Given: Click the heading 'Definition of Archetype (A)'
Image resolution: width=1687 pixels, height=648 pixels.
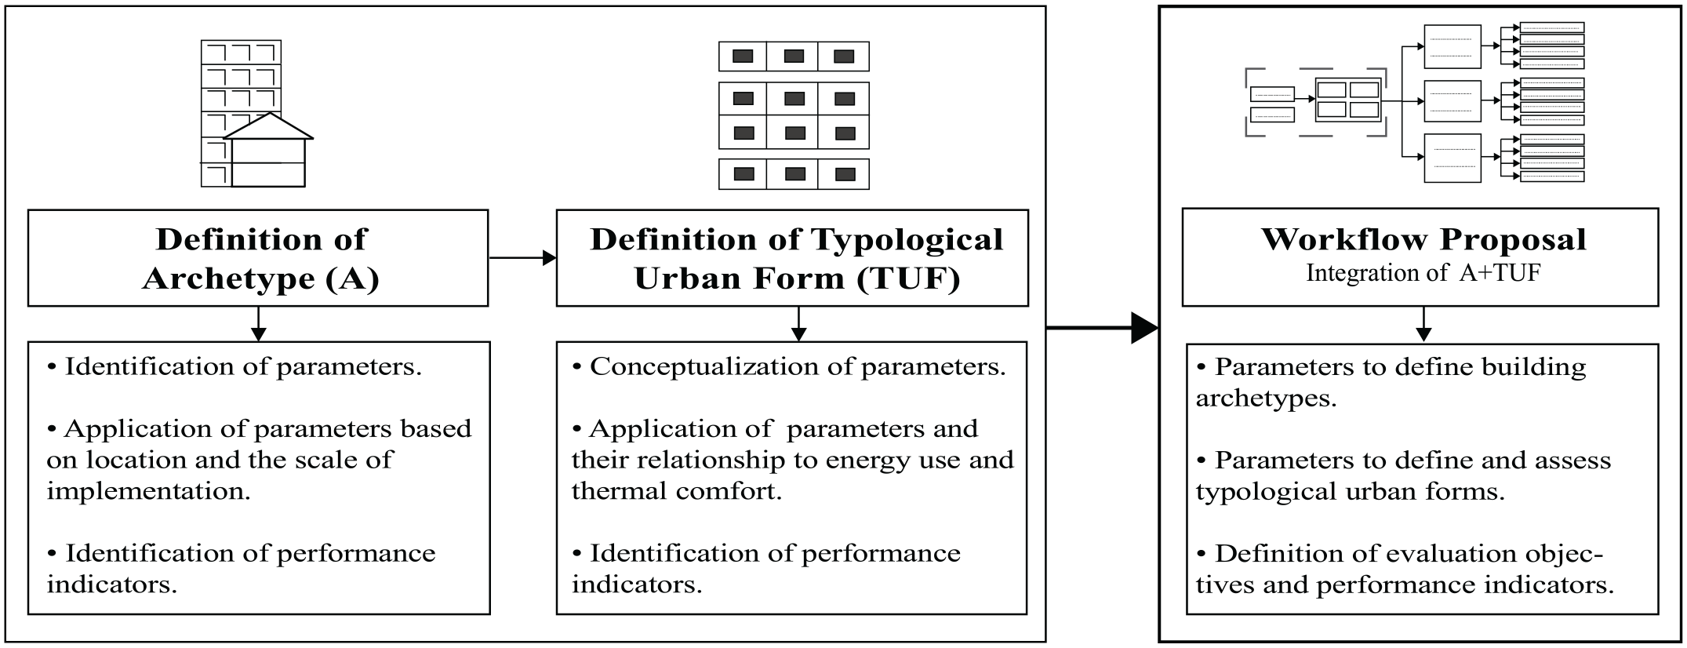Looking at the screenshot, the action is pos(260,259).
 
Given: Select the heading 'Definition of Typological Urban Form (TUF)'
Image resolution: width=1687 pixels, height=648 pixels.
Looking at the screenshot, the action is pos(796,259).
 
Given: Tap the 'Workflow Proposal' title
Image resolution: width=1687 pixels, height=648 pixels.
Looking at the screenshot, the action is pos(1423,239).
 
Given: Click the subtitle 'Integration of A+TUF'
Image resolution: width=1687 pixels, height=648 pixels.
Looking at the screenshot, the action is pos(1423,273).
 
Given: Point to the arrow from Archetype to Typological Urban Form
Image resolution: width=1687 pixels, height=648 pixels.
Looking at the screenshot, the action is pos(522,258).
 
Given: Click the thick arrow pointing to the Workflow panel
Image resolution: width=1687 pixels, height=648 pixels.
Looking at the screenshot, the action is pos(1103,327).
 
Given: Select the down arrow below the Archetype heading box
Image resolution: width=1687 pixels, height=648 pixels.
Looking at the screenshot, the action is pos(258,324).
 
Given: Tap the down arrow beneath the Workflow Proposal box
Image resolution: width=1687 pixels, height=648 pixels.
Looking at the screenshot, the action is pos(1423,324).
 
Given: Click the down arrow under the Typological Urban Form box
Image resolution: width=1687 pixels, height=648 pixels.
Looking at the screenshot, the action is pos(798,324).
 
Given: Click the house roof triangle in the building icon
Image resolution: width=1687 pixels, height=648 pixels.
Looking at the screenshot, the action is pos(269,126).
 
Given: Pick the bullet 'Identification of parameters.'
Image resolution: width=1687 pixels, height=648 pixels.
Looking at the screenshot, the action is pos(235,366).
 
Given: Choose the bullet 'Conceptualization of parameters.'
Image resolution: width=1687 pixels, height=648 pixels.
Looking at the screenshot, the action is pos(789,366).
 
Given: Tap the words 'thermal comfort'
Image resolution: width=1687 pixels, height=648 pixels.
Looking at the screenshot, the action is pos(677,492).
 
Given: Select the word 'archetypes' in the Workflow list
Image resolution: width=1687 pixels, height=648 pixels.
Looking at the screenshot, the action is pos(1266,399).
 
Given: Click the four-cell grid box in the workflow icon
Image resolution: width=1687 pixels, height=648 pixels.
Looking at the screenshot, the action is pos(1347,100).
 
